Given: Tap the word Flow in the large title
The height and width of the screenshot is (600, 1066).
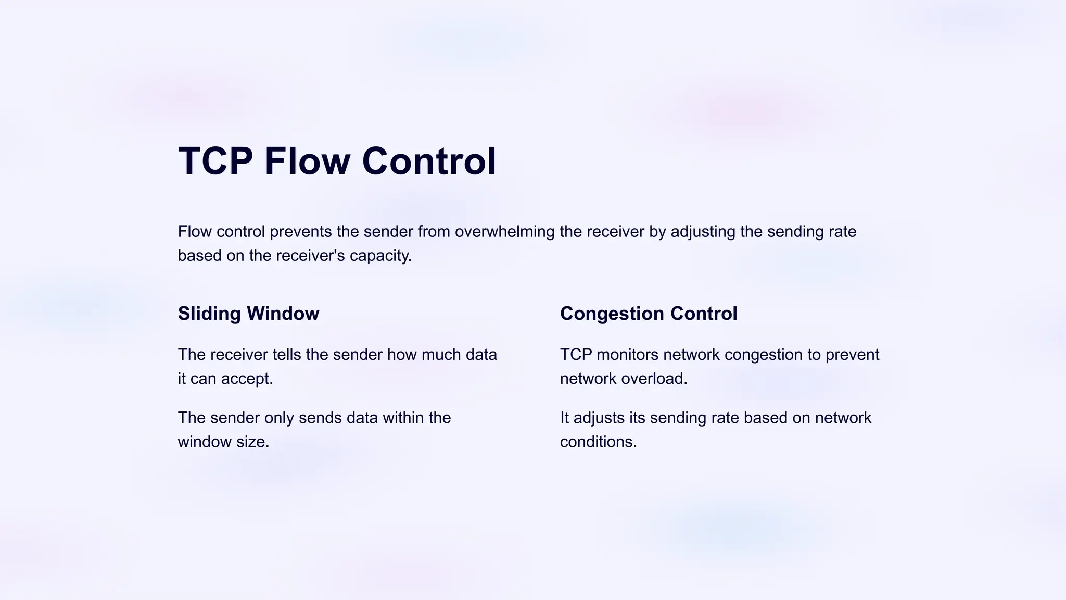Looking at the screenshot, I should coord(307,161).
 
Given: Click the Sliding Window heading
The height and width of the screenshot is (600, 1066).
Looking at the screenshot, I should coord(248,314).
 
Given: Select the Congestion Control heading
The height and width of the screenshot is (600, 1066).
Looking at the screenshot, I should coord(649,314).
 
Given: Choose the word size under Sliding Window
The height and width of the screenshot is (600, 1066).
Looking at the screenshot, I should coord(252,442).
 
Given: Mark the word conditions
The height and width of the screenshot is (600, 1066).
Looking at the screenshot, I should coord(598,442).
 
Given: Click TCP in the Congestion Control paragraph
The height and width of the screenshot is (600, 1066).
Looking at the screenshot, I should coord(576,355).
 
